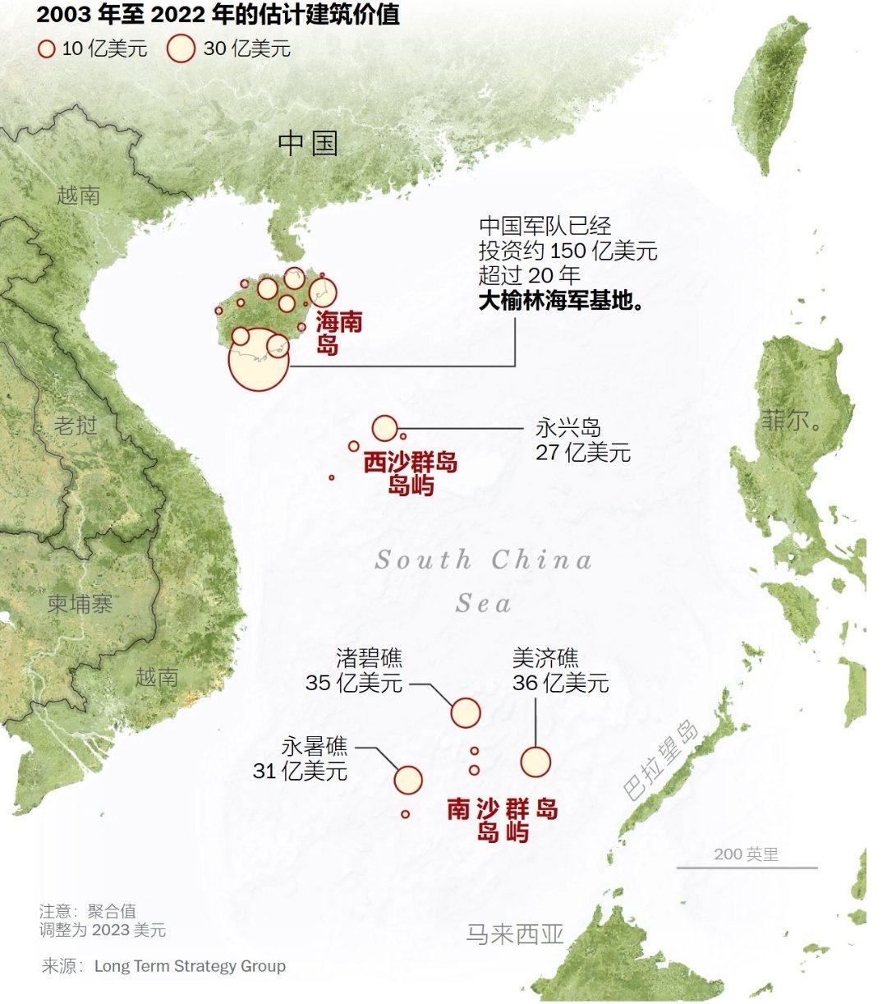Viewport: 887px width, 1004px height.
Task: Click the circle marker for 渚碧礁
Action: pos(466,713)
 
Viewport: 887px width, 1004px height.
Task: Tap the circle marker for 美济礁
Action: pos(535,762)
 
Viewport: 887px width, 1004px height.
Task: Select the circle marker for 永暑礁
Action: pos(408,780)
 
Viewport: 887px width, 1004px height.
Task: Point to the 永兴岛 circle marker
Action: pos(384,428)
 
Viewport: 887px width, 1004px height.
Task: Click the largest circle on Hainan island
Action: pos(259,359)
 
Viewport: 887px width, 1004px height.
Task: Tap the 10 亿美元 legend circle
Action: pos(47,49)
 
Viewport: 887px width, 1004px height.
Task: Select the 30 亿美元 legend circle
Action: pos(181,48)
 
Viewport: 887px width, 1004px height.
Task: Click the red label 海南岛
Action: pos(338,333)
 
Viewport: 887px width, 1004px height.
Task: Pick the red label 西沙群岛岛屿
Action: pos(411,473)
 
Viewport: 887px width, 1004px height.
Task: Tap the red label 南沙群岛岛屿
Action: pos(503,819)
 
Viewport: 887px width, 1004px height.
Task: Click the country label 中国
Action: pos(308,143)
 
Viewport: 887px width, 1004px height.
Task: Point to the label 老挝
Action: pos(76,426)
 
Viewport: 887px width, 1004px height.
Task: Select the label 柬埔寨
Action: pos(80,604)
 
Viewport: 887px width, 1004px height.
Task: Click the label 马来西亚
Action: pos(515,934)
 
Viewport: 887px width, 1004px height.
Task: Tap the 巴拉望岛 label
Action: pos(660,761)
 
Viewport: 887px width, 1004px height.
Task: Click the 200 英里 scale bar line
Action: pos(747,868)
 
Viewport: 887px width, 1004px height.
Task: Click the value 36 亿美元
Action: pos(561,683)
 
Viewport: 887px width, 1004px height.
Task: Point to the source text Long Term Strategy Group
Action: pos(190,966)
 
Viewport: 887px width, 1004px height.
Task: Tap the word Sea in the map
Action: pos(484,604)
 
